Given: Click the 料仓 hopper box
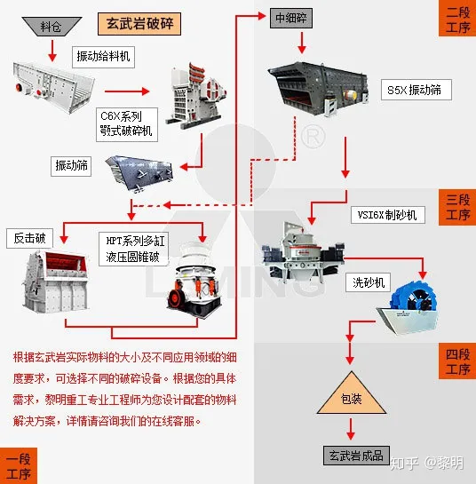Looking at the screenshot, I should pos(52,26).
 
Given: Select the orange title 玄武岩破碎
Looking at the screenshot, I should pos(138,23).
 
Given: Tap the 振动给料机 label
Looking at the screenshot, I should pos(104,58).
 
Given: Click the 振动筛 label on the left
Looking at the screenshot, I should pos(74,165).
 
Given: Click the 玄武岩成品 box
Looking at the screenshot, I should pos(354,456).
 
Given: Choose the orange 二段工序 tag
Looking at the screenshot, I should pos(456,18).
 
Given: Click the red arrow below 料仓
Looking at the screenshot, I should pos(51,46).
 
